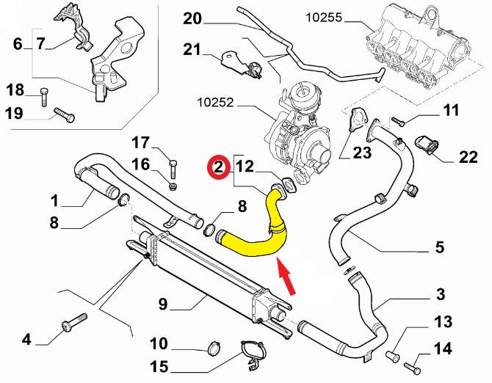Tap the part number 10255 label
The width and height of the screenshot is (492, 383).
coord(324,15)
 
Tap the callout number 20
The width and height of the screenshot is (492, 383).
coord(191,18)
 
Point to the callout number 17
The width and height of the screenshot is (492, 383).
coord(140,142)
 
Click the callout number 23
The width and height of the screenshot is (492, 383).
coord(363,153)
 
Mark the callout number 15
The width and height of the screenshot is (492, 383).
coord(158,365)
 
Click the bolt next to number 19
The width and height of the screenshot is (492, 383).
coord(64,114)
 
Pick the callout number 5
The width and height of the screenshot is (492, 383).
coord(439,247)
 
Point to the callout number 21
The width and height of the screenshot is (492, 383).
coord(191,49)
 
